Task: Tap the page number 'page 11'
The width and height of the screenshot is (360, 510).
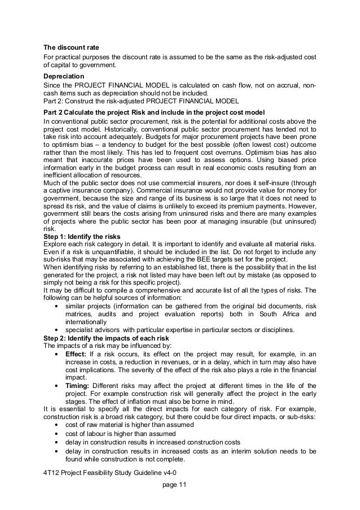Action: click(x=173, y=484)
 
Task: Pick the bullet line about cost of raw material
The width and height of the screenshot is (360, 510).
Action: click(x=130, y=425)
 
